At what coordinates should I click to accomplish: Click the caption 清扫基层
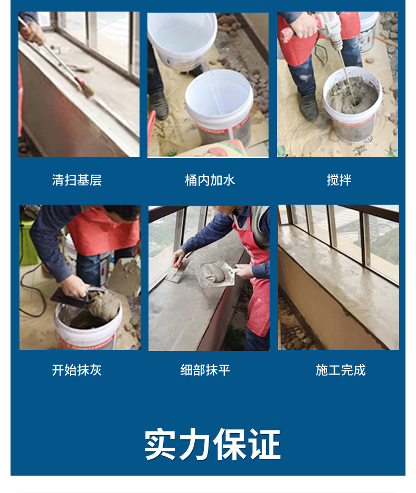(77, 180)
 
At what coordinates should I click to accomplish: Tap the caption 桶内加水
(210, 180)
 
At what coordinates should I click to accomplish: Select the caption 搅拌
(339, 180)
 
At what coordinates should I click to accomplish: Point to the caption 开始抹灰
(77, 370)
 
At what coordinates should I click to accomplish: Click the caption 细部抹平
(205, 370)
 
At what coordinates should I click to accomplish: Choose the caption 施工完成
(340, 370)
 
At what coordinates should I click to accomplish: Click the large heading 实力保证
(212, 445)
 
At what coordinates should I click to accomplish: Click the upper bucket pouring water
(182, 39)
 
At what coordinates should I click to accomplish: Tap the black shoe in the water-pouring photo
(159, 104)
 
